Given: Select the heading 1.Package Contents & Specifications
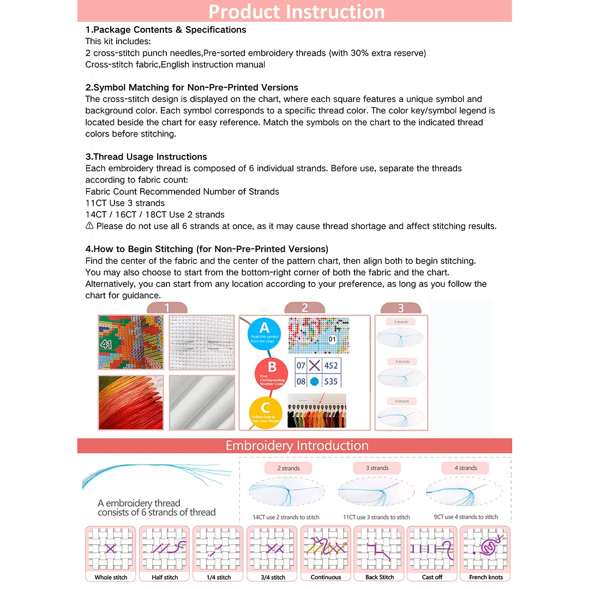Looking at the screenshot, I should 166,30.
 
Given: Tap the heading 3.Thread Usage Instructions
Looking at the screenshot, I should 146,157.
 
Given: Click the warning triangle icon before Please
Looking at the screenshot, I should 89,226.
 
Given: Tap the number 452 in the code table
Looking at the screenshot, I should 331,366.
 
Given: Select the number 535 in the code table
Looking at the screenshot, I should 331,382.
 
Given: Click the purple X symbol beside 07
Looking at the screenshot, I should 315,366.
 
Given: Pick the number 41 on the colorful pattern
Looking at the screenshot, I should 106,344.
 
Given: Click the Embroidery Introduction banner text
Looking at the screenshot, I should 297,446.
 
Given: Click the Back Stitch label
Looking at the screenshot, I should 380,577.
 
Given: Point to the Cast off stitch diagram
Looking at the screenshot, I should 432,549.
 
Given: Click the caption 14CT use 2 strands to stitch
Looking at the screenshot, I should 286,517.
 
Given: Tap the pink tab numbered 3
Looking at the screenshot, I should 401,308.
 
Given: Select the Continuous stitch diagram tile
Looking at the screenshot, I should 326,549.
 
